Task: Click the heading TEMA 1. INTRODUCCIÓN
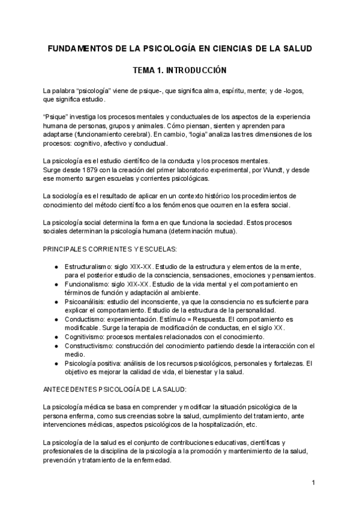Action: coord(179,70)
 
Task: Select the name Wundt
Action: coord(278,170)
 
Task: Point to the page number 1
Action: coord(313,482)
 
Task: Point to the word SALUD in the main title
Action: coord(299,48)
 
